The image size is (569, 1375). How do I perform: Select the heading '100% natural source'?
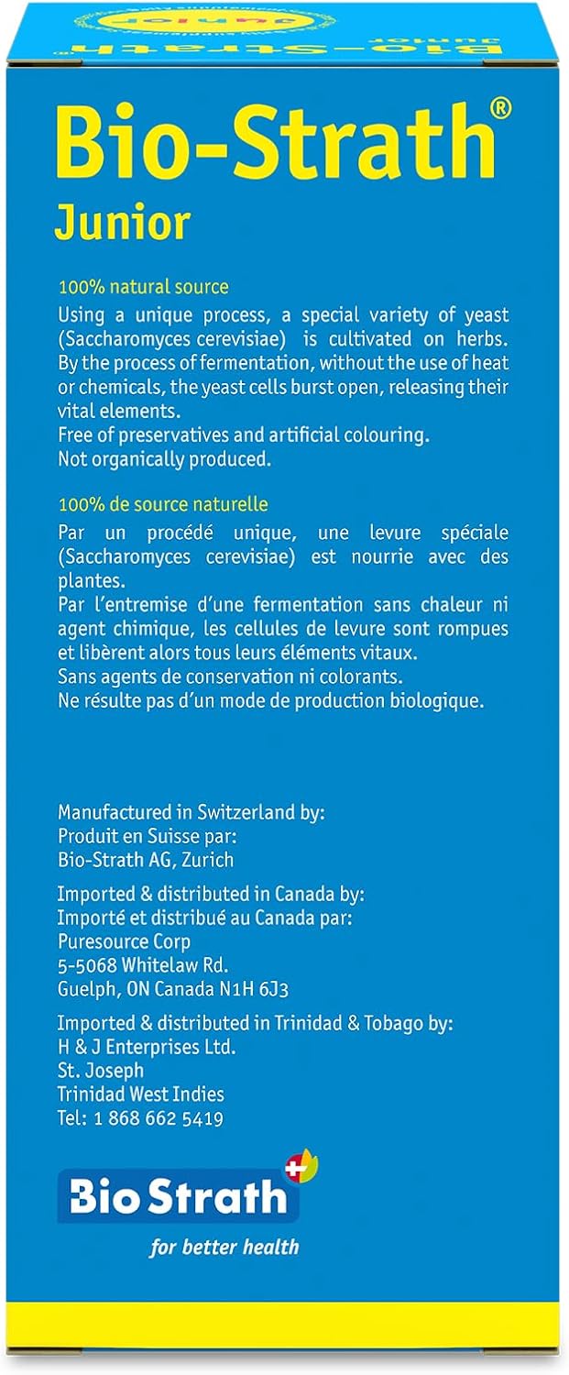click(143, 287)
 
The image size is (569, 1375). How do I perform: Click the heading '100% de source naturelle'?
click(163, 504)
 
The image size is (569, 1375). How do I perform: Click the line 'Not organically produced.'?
click(165, 459)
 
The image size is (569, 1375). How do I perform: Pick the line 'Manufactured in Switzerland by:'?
click(191, 811)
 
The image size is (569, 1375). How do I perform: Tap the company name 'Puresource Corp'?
click(124, 941)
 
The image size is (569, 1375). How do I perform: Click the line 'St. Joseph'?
click(100, 1070)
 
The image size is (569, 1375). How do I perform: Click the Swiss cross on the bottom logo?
click(295, 1168)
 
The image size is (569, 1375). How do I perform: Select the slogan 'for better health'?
click(224, 1247)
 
